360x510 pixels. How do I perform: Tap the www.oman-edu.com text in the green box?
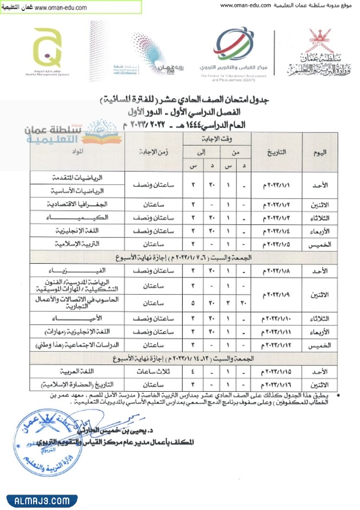60,8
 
